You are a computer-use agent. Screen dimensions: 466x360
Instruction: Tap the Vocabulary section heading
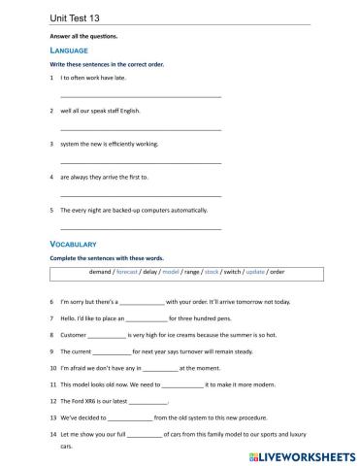[74, 243]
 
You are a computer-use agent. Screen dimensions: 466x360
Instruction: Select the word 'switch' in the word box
[233, 273]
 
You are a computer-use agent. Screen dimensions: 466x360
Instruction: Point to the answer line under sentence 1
[141, 95]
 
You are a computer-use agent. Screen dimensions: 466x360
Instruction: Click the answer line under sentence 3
[141, 161]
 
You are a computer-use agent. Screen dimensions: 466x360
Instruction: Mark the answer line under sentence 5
[141, 227]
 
